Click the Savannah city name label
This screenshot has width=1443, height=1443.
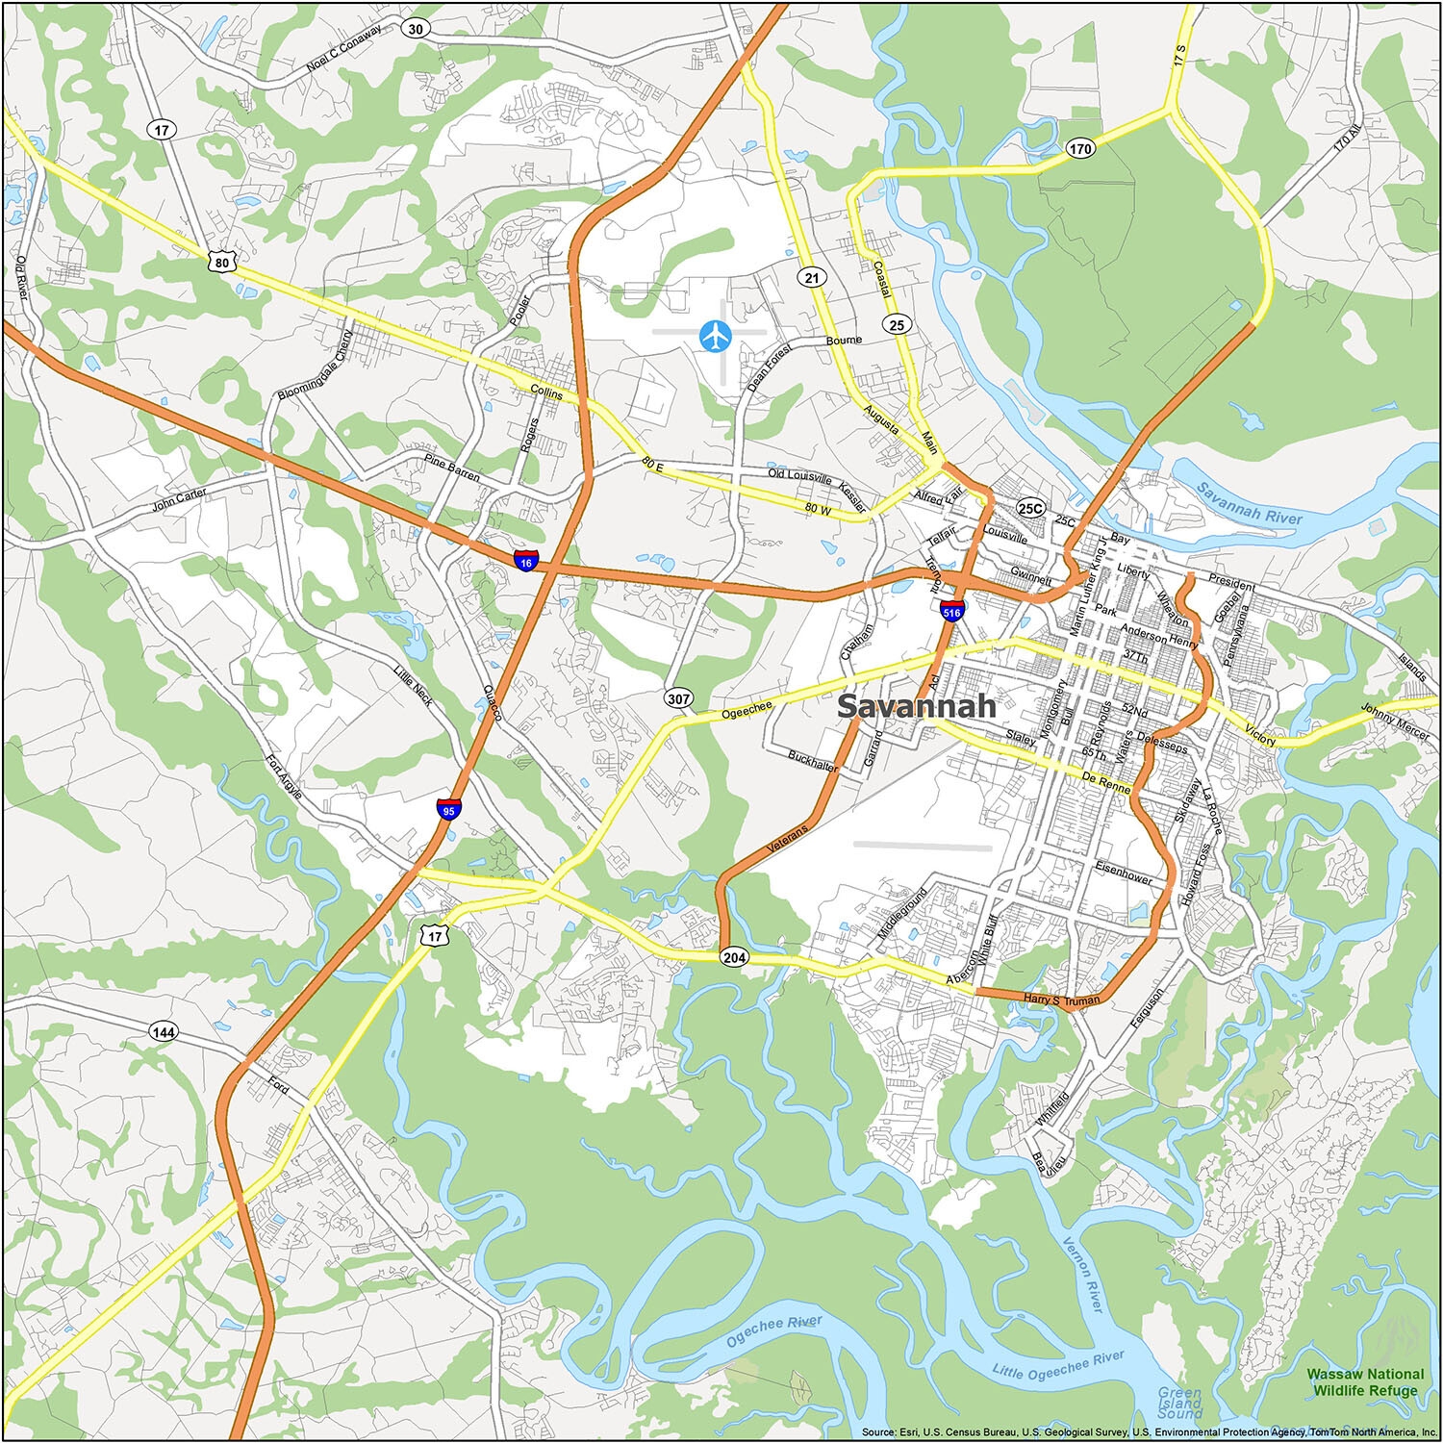point(916,705)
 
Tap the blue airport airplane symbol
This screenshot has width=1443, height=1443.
point(716,336)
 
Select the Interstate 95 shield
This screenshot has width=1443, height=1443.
point(447,808)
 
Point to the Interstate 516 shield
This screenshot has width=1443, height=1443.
point(951,610)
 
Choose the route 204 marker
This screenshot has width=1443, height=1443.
point(734,957)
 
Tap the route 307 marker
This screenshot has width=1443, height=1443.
point(678,698)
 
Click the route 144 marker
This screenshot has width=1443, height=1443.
point(164,1032)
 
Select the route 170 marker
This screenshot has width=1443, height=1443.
point(1080,148)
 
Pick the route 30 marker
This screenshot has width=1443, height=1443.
point(416,29)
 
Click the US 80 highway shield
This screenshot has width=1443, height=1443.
point(222,261)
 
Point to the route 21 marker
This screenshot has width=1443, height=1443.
point(813,278)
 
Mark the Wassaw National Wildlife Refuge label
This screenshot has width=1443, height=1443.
point(1363,1382)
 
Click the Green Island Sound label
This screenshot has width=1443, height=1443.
point(1179,1403)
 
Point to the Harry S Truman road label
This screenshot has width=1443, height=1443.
point(1061,1000)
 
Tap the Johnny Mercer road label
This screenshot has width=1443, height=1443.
point(1395,721)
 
